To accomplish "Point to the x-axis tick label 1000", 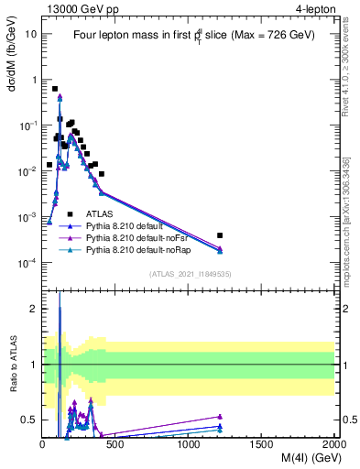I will point(189,444).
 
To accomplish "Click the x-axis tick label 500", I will point(115,444).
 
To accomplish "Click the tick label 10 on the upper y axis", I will point(30,34).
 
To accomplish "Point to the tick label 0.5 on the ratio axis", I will point(27,420).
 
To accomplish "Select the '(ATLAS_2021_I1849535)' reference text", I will point(189,274).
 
